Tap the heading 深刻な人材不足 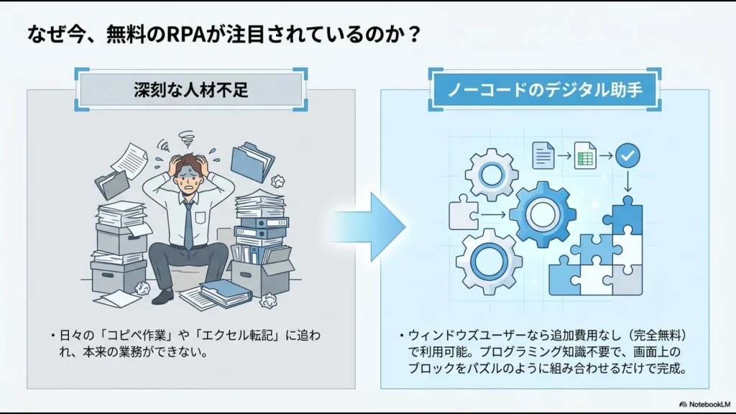(191, 90)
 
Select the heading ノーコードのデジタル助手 (544, 90)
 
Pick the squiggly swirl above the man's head (186, 137)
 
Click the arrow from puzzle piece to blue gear (494, 214)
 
